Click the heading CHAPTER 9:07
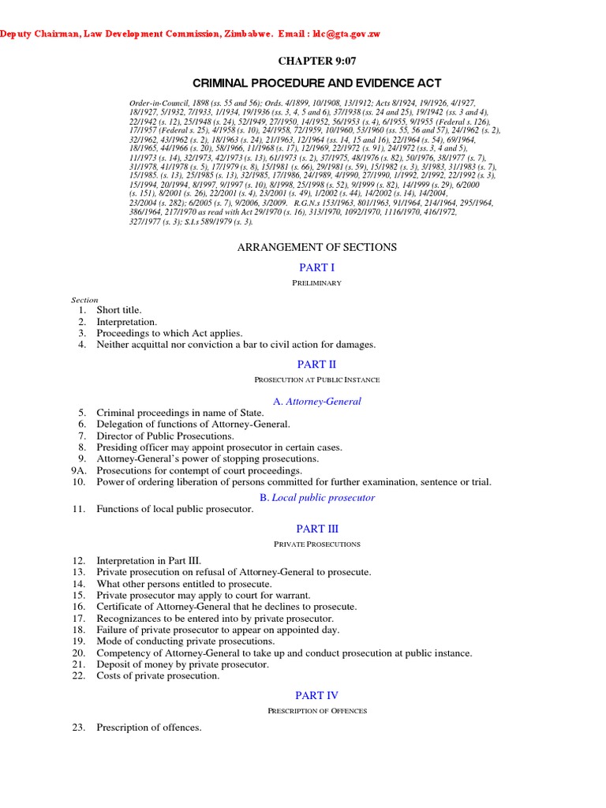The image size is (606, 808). pos(317,62)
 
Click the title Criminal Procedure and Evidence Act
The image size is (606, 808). pos(317,83)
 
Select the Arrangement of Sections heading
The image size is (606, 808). pos(317,247)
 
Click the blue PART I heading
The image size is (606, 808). pos(317,268)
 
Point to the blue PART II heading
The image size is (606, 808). pos(317,364)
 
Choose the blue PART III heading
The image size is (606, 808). pos(317,529)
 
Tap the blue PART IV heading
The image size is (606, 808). pos(317,695)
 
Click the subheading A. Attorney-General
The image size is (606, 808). pos(317,401)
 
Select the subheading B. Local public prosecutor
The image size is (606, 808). pos(317,498)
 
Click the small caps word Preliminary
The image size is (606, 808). pos(317,283)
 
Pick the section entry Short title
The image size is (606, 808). pos(119,310)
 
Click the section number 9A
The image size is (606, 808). pos(77,470)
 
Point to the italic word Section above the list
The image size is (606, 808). pos(84,300)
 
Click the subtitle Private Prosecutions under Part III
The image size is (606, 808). pos(317,544)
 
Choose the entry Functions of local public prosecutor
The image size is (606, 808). pos(175,509)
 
